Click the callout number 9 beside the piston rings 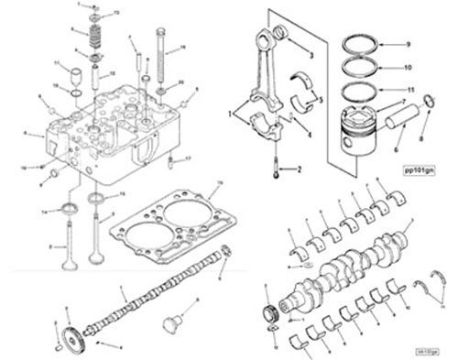tap(408, 44)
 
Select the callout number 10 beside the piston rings tap(408, 68)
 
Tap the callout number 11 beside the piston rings tap(409, 91)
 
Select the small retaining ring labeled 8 tap(425, 115)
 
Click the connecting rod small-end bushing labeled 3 tap(280, 38)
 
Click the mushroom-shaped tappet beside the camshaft tap(168, 323)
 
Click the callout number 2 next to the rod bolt tap(298, 169)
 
